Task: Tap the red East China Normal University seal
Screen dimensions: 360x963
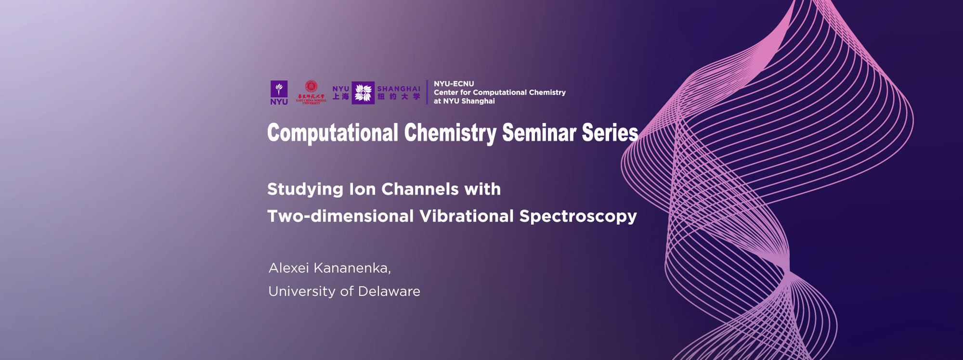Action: (x=311, y=87)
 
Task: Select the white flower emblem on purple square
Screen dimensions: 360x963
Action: (x=363, y=92)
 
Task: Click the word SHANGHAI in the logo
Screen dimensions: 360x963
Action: (x=399, y=89)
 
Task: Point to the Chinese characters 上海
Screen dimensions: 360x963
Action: (x=341, y=97)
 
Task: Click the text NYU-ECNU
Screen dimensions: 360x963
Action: (x=454, y=84)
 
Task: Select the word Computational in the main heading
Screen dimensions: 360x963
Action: (x=333, y=133)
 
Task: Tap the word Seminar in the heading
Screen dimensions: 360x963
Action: (x=539, y=133)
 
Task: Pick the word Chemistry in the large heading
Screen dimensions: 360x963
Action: (x=450, y=133)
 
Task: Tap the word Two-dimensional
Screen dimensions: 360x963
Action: (x=340, y=216)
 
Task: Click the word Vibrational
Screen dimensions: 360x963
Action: (x=467, y=216)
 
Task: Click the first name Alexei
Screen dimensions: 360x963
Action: (x=288, y=268)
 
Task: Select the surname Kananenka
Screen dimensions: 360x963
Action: (x=352, y=268)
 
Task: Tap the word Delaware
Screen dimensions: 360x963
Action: (x=389, y=291)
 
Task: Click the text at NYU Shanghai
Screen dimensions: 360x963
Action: (x=464, y=101)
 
